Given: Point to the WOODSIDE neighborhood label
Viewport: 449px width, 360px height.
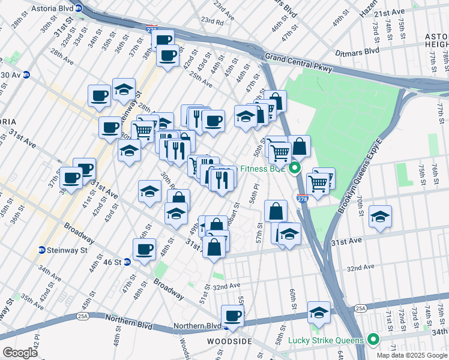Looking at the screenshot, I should (229, 341).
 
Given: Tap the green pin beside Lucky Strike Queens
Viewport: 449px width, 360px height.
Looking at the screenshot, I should (373, 340).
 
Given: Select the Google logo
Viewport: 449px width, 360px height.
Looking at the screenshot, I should (20, 353).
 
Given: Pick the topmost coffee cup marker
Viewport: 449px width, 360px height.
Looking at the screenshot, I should (162, 40).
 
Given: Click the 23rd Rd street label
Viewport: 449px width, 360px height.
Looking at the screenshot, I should (212, 20).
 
